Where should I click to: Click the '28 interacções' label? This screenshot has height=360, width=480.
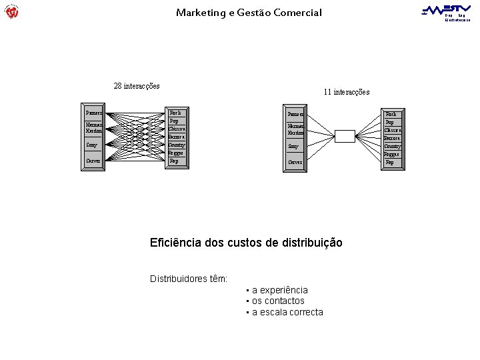tap(137, 86)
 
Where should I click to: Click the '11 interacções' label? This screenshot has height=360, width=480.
tap(346, 92)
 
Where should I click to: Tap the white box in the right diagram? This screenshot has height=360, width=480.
tap(345, 137)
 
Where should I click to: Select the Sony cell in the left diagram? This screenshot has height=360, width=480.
tap(93, 145)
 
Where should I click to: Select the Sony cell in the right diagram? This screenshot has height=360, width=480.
tap(295, 146)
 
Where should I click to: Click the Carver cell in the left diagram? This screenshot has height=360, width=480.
tap(93, 161)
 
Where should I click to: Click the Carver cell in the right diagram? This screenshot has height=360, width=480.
tap(295, 162)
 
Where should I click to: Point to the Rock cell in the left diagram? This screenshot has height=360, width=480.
tap(176, 113)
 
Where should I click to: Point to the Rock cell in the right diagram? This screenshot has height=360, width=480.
tap(392, 115)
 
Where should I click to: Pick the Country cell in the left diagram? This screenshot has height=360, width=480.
tap(177, 145)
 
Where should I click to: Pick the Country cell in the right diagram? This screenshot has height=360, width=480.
tap(393, 146)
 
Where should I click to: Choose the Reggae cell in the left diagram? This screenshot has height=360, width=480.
tap(176, 153)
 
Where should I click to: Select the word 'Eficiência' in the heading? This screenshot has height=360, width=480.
tap(175, 243)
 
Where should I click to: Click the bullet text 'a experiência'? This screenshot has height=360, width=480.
tap(280, 290)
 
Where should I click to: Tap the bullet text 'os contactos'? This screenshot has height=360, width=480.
tap(278, 301)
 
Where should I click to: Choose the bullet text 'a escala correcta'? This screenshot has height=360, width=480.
tap(287, 312)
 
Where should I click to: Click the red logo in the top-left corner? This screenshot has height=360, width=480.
tap(11, 11)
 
